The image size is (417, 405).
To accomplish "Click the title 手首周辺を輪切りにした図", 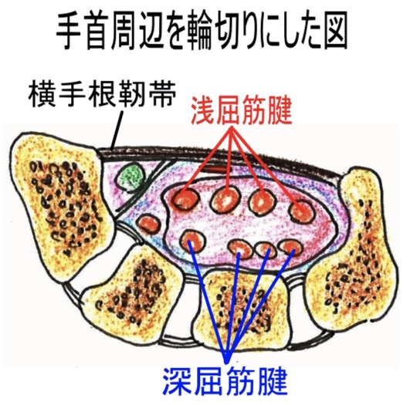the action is click(x=202, y=32).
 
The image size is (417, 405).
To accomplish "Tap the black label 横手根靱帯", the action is click(x=103, y=93).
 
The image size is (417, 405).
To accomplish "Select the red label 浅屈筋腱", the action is click(x=242, y=110).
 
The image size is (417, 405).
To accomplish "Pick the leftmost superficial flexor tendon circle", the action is click(x=186, y=199).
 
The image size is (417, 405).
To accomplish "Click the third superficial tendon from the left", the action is click(x=262, y=201).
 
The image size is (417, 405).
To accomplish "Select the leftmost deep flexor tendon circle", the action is click(x=193, y=241).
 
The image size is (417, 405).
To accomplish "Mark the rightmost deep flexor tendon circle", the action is click(x=290, y=247).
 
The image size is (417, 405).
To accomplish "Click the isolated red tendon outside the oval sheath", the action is click(x=148, y=224).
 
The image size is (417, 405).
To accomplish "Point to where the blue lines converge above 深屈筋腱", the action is click(x=226, y=362).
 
